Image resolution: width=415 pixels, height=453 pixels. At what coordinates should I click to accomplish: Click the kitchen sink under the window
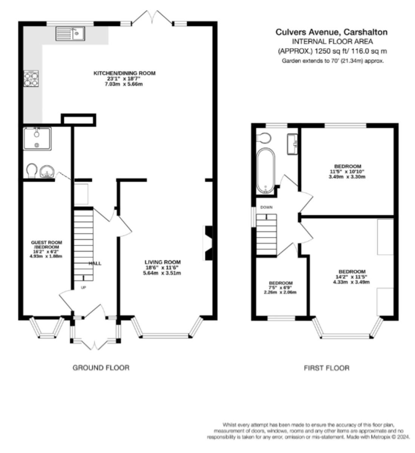(x=70, y=34)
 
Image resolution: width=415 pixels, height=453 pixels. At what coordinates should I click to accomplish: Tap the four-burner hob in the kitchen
(x=31, y=79)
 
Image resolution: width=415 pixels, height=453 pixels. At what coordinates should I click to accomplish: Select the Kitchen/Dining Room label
(x=124, y=73)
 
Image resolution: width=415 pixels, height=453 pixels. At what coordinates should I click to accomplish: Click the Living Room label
(x=163, y=262)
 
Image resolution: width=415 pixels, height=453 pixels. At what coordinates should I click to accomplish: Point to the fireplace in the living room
(x=208, y=243)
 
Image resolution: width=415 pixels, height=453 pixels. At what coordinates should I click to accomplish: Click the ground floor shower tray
(x=37, y=139)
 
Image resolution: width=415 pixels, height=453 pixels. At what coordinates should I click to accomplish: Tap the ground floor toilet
(x=32, y=171)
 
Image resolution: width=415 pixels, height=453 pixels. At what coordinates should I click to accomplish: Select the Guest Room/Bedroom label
(x=46, y=245)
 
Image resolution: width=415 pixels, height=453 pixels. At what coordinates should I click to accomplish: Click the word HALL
(x=95, y=263)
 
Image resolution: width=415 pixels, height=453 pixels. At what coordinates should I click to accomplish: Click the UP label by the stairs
(x=83, y=288)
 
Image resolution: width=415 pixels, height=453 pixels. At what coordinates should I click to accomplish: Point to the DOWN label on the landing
(x=266, y=207)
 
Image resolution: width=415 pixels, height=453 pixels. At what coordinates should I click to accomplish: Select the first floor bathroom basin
(x=292, y=144)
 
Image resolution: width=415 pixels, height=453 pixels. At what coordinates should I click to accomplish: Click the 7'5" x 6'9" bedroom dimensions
(x=280, y=288)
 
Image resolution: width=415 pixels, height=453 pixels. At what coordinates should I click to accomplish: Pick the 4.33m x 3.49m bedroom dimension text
(x=351, y=282)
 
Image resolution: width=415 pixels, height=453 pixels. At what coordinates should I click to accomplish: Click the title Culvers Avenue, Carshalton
(x=332, y=32)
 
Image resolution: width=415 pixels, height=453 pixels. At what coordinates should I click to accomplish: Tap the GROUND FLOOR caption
(x=101, y=368)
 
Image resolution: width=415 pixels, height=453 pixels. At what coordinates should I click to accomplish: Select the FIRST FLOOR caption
(x=326, y=368)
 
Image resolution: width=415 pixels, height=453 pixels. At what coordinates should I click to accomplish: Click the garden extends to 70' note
(x=333, y=61)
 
